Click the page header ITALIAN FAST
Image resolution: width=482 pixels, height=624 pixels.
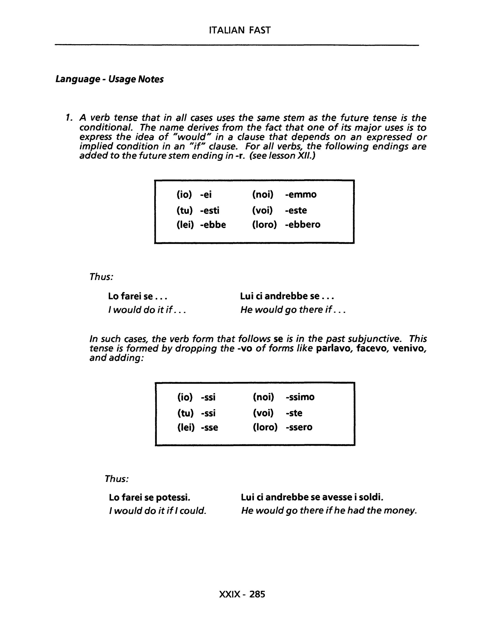click(240, 30)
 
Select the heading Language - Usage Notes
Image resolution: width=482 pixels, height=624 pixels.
click(109, 79)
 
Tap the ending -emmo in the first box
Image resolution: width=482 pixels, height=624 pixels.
click(301, 194)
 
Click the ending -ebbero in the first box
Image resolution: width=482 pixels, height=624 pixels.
click(303, 225)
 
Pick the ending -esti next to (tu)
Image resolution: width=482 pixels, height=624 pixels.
click(210, 211)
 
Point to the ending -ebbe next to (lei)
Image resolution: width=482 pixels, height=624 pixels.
click(213, 225)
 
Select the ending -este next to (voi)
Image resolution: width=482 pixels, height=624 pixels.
click(296, 211)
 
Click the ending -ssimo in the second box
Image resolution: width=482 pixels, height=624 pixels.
click(300, 397)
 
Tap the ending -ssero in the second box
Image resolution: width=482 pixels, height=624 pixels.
click(299, 427)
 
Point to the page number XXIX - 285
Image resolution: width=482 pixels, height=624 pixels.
click(242, 594)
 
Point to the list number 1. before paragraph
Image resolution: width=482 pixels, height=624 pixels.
click(68, 118)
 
